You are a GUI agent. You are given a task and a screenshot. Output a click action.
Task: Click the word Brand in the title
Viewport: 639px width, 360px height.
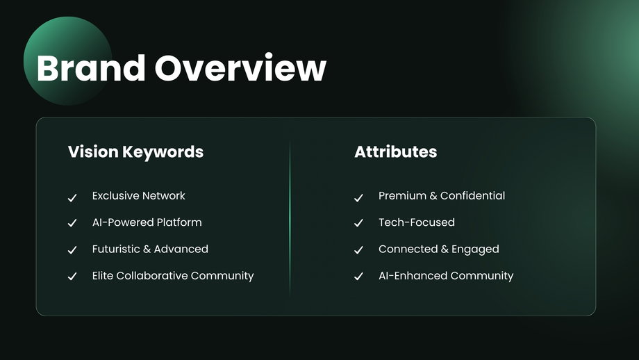click(x=91, y=67)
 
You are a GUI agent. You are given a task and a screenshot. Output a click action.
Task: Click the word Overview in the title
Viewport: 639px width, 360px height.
click(x=240, y=67)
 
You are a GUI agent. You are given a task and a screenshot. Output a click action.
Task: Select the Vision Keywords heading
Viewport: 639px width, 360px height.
click(x=135, y=152)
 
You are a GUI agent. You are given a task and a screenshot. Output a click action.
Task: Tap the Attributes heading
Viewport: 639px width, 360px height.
click(x=395, y=152)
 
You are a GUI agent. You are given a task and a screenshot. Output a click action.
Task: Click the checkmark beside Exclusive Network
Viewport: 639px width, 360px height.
click(x=72, y=198)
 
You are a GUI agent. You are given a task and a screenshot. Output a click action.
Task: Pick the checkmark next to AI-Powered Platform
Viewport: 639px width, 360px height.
click(x=72, y=223)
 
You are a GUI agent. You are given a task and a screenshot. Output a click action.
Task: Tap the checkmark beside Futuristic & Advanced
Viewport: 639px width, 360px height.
click(x=72, y=250)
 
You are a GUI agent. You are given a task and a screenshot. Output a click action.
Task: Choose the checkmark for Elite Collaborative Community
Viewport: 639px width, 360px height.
click(x=72, y=277)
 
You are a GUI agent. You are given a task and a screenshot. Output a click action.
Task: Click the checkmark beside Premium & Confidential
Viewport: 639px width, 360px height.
click(x=358, y=198)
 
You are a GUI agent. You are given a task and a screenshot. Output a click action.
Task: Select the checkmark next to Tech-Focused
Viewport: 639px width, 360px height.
click(x=358, y=223)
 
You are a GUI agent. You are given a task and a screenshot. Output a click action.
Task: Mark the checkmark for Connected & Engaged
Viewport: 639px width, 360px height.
click(x=358, y=250)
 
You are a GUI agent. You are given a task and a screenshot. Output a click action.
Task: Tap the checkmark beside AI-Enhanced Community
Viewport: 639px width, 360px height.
click(x=358, y=277)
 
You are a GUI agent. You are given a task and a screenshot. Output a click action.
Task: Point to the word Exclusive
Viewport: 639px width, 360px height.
click(x=115, y=196)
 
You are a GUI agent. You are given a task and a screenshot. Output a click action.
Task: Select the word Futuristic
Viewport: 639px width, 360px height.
click(x=116, y=249)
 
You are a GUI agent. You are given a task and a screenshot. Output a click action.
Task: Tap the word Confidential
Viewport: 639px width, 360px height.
click(x=473, y=196)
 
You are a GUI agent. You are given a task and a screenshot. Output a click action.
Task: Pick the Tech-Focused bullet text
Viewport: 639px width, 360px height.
click(x=417, y=222)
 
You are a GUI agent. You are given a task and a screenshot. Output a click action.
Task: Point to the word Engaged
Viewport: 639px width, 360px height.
click(x=475, y=249)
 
